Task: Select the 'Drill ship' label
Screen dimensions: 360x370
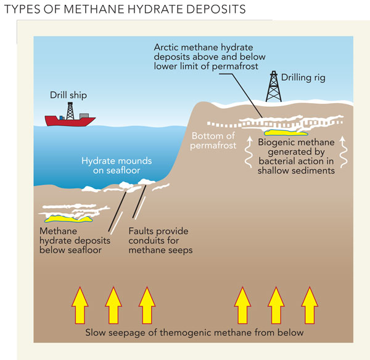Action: (68, 95)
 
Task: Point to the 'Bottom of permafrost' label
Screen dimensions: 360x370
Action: (213, 140)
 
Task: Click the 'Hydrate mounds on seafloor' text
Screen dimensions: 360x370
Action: (117, 165)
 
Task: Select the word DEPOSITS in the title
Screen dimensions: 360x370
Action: (213, 10)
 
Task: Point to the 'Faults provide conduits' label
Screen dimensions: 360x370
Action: (158, 240)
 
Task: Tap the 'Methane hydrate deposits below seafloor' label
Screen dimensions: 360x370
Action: (70, 240)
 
